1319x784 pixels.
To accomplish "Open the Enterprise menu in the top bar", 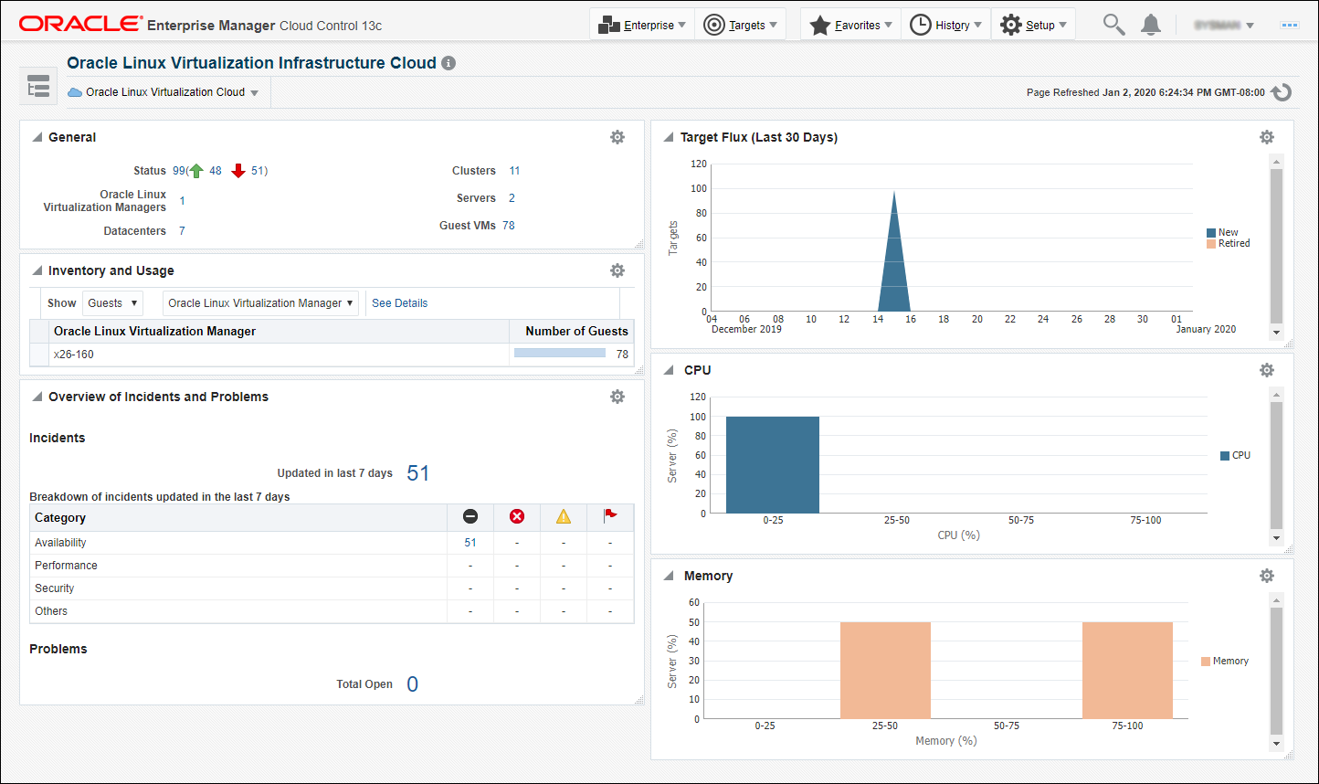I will click(x=642, y=26).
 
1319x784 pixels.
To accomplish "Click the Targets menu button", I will click(x=741, y=26).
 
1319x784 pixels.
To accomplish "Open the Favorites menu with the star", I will click(x=850, y=26).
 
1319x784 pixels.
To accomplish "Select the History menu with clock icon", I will click(x=946, y=26).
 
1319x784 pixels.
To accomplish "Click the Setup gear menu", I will click(x=1033, y=26).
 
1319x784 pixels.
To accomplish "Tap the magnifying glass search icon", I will click(x=1113, y=25).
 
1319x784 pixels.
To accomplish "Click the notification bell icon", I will click(x=1151, y=25).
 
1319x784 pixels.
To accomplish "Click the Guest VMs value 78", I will click(x=509, y=226).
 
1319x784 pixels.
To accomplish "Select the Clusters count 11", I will click(x=514, y=171).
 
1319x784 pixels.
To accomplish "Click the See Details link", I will click(x=399, y=303).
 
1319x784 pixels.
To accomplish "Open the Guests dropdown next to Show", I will click(x=112, y=303).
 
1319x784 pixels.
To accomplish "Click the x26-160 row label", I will click(x=74, y=355).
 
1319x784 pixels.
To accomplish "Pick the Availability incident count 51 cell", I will click(x=470, y=543).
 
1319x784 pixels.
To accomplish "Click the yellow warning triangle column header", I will click(x=564, y=517).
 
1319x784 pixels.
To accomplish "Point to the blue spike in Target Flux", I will click(x=893, y=265).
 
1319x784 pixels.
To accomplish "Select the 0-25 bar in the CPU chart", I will click(x=773, y=465).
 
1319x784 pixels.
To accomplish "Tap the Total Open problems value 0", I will click(x=412, y=684).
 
